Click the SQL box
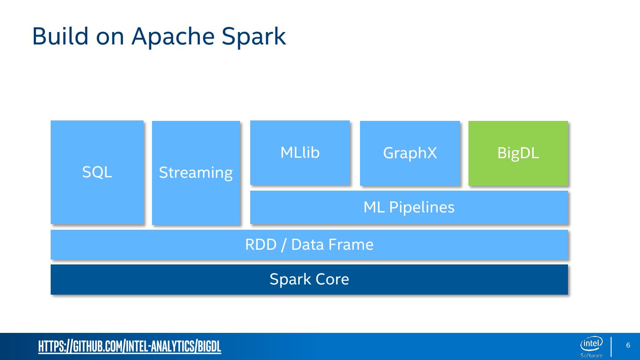click(97, 172)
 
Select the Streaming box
click(196, 172)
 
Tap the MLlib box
click(300, 152)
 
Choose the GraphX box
click(410, 153)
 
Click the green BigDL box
click(518, 153)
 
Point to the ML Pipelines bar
click(409, 207)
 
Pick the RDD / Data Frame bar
click(309, 244)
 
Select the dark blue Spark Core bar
click(309, 279)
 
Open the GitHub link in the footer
click(129, 347)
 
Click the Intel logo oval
click(591, 344)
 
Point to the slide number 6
click(628, 345)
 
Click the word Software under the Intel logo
click(591, 355)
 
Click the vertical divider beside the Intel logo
click(611, 347)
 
